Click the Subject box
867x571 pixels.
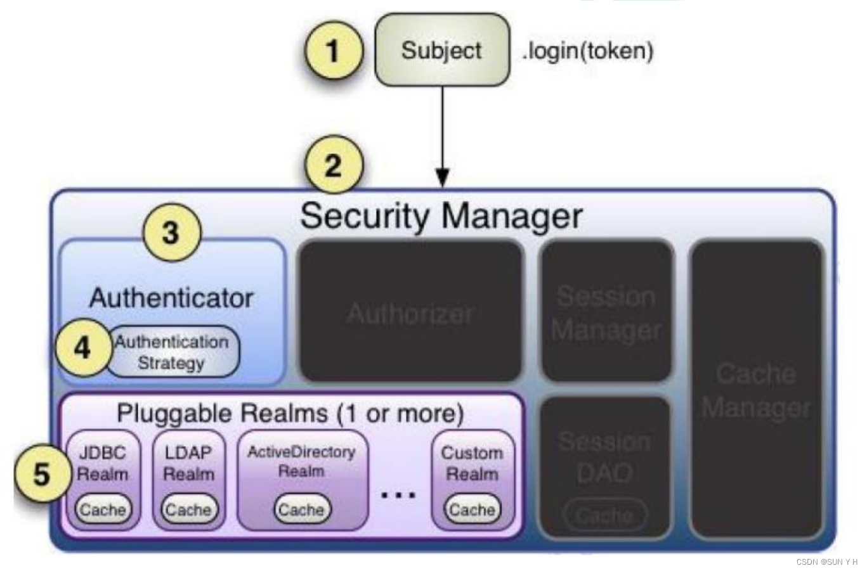click(442, 50)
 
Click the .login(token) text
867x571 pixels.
click(587, 51)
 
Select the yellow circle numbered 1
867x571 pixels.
click(333, 50)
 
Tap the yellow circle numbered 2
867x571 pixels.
click(334, 165)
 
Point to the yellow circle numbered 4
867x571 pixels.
click(82, 348)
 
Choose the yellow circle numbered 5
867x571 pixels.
click(42, 474)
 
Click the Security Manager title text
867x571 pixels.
click(441, 216)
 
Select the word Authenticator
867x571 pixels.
click(171, 298)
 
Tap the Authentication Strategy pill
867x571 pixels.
click(172, 352)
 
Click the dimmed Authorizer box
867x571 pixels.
click(411, 312)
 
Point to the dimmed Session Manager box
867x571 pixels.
click(606, 312)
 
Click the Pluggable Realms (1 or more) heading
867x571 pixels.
click(290, 413)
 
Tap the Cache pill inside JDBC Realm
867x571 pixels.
click(103, 510)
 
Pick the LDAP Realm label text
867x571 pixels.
click(188, 463)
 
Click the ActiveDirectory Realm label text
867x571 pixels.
click(301, 461)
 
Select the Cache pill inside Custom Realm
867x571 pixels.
click(473, 510)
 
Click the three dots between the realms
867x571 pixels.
click(398, 494)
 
